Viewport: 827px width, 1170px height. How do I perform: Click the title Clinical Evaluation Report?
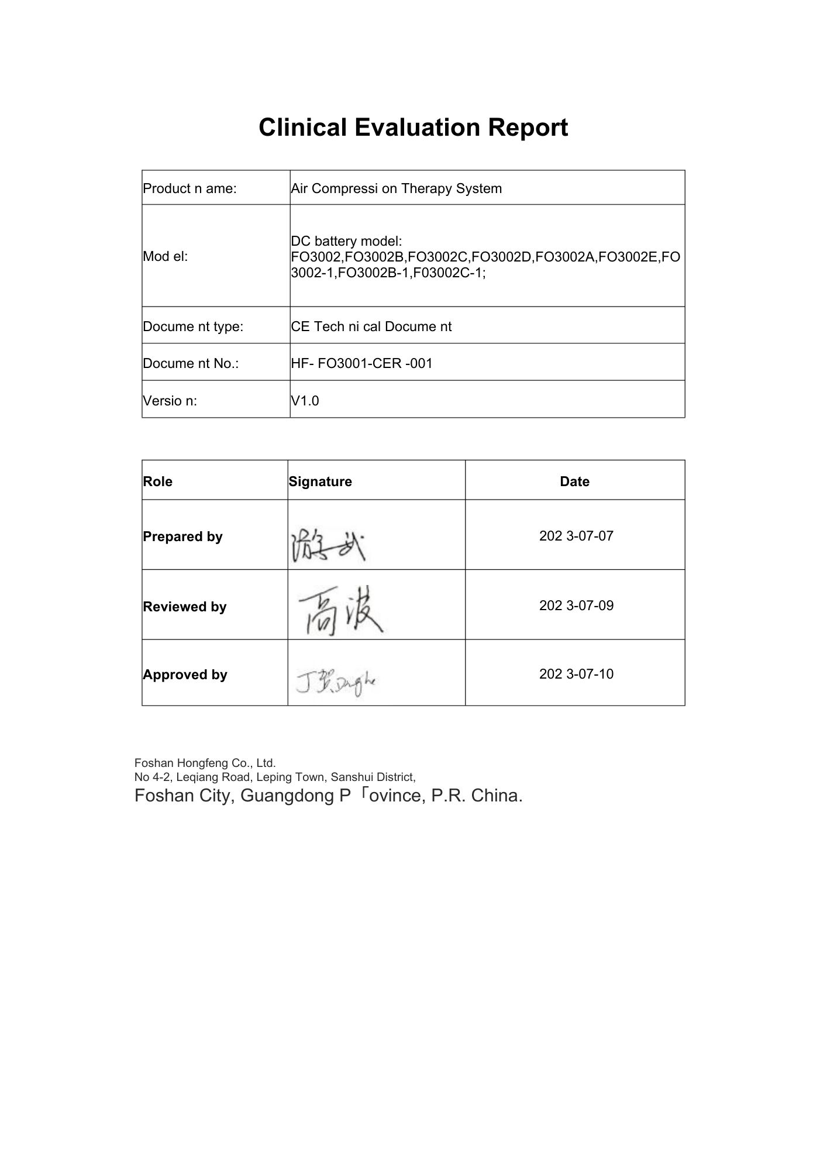(413, 128)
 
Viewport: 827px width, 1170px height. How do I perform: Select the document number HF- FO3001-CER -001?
(361, 363)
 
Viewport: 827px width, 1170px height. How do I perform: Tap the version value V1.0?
(305, 401)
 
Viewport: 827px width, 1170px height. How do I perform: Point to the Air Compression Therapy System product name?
(396, 188)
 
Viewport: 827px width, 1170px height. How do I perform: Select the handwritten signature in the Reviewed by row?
(340, 614)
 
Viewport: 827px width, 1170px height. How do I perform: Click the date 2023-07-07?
(576, 536)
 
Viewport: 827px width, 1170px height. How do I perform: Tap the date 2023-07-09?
(576, 605)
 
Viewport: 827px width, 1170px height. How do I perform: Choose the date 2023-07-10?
(576, 674)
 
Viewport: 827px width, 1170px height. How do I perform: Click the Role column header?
(157, 481)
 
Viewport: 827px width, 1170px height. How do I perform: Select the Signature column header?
(320, 481)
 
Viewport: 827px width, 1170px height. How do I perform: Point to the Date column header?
(574, 481)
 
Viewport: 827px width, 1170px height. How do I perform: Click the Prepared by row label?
(182, 536)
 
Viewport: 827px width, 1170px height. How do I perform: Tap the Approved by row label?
(185, 675)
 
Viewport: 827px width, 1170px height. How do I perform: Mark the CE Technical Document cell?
(371, 326)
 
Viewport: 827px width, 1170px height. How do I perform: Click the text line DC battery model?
(346, 241)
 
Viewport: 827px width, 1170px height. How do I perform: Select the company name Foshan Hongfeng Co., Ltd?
(205, 763)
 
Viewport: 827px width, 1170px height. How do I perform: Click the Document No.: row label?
(191, 363)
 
